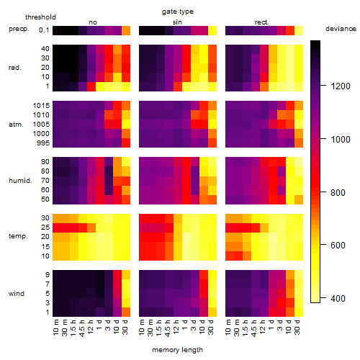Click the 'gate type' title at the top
pos(178,12)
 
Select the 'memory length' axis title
pos(177,350)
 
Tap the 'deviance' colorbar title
pos(341,29)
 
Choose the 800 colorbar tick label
pos(338,192)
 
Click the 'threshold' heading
pos(40,17)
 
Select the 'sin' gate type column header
pos(177,22)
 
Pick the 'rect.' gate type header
pos(261,22)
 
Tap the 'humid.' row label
pos(20,181)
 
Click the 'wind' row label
pos(17,294)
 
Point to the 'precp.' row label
pos(19,29)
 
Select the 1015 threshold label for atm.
pos(41,106)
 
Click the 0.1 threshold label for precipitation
pos(44,30)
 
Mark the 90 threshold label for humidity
pos(45,162)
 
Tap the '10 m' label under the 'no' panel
pos(56,327)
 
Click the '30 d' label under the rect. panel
pos(297,327)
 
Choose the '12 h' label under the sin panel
pos(176,327)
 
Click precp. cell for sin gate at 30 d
pos(212,30)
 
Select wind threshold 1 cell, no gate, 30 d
pos(126,312)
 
